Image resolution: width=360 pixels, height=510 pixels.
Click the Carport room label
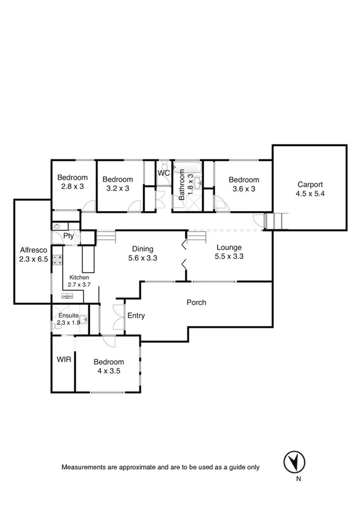310,185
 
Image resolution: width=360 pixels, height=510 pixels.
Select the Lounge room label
229,247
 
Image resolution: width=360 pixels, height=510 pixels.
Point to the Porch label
195,303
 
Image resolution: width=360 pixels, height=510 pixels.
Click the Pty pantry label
69,236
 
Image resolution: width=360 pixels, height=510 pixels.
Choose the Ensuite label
68,315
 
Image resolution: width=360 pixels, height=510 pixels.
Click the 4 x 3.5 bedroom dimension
109,371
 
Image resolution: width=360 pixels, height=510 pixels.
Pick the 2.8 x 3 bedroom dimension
72,187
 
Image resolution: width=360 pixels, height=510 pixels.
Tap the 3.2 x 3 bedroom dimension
117,188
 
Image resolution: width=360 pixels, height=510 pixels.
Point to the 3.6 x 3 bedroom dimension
243,189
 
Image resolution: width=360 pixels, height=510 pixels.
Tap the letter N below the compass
297,479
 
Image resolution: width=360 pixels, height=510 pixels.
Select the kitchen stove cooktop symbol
58,260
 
